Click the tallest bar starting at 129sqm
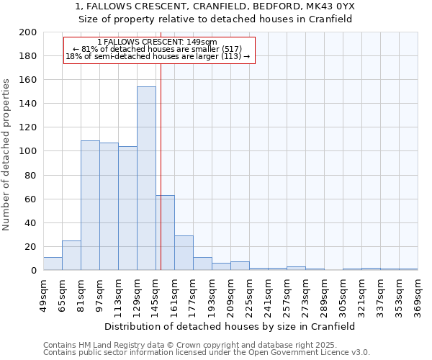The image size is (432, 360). [146, 179]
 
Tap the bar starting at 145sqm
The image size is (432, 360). [165, 233]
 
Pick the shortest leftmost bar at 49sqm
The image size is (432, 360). [53, 264]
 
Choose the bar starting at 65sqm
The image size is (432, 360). [71, 256]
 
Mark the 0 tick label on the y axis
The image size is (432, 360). [33, 271]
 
